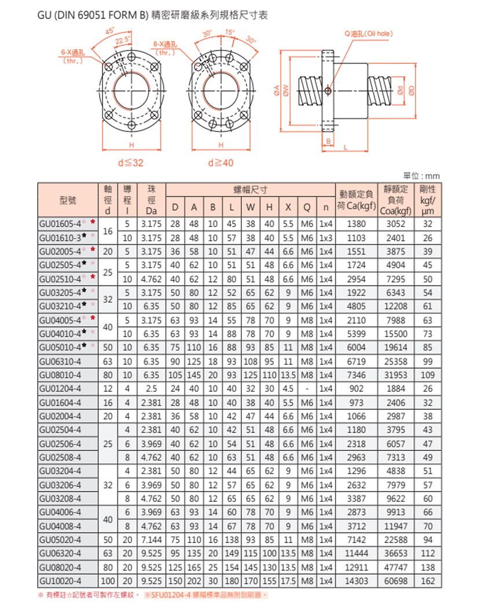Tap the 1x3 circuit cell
326,237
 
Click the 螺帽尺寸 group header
250,189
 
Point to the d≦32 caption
130,163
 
